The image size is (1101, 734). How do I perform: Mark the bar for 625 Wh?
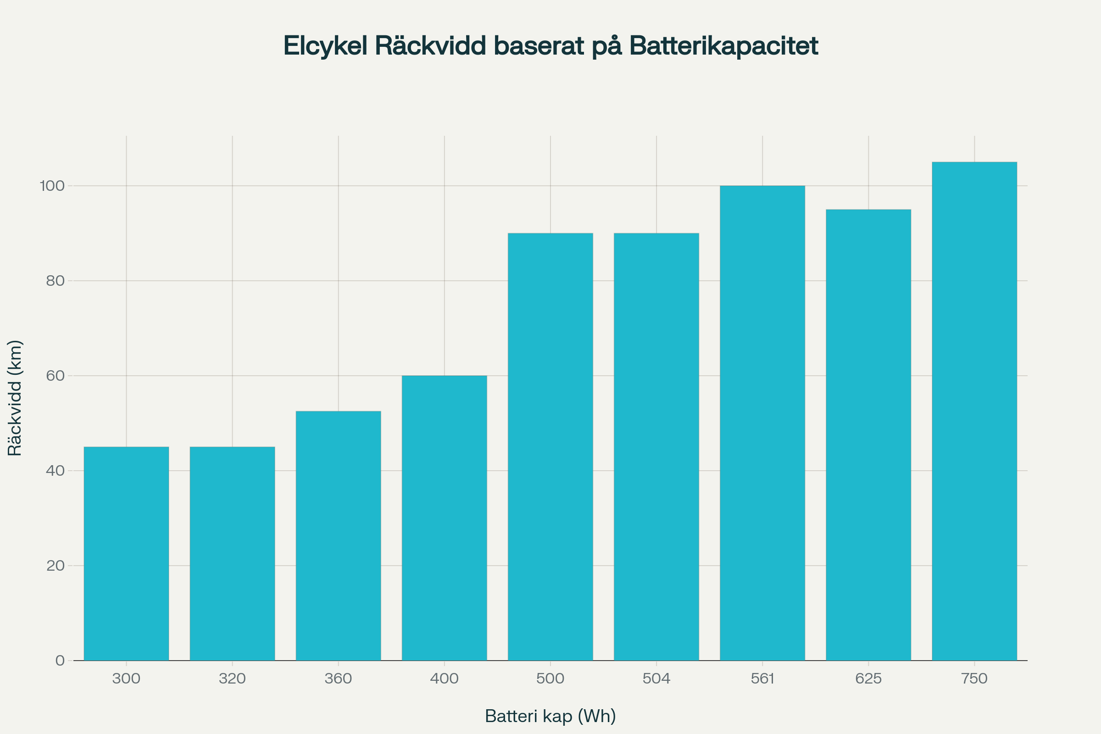tap(868, 435)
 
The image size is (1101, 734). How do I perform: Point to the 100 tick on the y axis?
tap(52, 186)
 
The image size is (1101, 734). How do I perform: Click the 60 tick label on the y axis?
tap(55, 376)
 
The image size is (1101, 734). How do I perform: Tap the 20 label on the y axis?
tap(55, 566)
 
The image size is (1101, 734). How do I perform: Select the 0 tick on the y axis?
tap(60, 661)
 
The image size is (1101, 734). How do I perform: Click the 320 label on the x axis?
tap(232, 679)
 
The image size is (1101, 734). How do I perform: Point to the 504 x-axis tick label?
tap(656, 679)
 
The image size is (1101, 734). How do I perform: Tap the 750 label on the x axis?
tap(974, 679)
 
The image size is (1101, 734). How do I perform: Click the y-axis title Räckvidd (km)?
tap(15, 398)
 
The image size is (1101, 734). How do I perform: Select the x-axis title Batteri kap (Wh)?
tap(550, 716)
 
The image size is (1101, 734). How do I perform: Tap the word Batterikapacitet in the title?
tap(723, 46)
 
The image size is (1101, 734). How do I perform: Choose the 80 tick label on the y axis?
tap(55, 281)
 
